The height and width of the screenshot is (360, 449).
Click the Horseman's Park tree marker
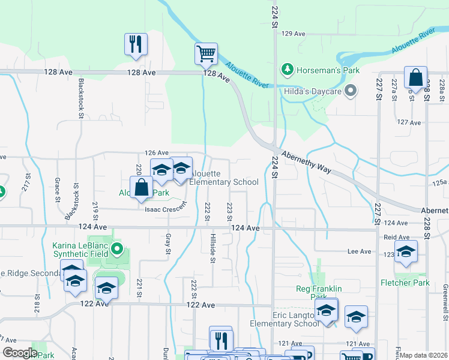(x=288, y=70)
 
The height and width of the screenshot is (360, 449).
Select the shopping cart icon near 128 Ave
(x=206, y=54)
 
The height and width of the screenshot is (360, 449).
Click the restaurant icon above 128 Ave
(x=136, y=44)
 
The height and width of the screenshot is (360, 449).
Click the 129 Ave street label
(x=294, y=34)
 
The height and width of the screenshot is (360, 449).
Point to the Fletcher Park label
(x=405, y=282)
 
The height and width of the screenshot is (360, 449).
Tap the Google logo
(x=20, y=353)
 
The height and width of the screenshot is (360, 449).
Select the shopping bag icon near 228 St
(x=415, y=77)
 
